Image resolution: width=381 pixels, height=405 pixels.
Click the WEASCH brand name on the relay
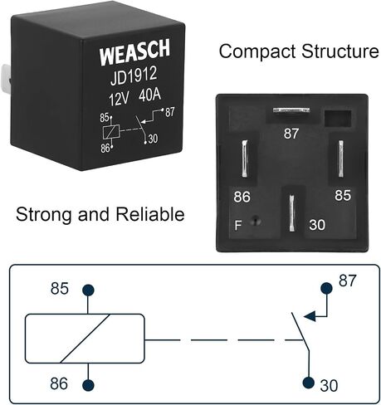134,52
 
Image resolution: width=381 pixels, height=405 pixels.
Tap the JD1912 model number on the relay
134,76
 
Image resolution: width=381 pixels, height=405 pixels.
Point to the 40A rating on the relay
149,95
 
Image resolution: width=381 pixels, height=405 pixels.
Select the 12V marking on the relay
119,100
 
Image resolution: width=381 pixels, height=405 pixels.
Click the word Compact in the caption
257,51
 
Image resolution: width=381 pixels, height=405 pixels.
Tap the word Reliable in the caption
150,214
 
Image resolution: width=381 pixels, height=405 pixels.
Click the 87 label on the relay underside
291,134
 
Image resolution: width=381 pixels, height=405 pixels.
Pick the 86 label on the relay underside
242,197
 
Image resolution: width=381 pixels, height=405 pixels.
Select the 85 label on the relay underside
343,195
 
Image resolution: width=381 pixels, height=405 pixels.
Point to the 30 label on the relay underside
317,225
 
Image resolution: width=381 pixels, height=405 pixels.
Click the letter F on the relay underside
238,226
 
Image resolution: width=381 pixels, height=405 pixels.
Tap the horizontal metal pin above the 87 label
291,110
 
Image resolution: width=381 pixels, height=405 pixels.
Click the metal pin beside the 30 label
291,213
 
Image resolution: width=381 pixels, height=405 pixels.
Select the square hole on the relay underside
338,119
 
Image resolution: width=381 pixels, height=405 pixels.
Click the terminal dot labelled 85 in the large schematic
88,290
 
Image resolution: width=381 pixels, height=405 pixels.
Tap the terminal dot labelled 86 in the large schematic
88,385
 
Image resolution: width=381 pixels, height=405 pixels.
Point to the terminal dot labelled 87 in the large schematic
326,288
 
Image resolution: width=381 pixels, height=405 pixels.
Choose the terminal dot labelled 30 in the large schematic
309,383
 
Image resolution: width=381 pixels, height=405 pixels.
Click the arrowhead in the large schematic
310,316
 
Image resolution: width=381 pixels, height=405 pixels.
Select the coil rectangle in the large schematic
85,315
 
